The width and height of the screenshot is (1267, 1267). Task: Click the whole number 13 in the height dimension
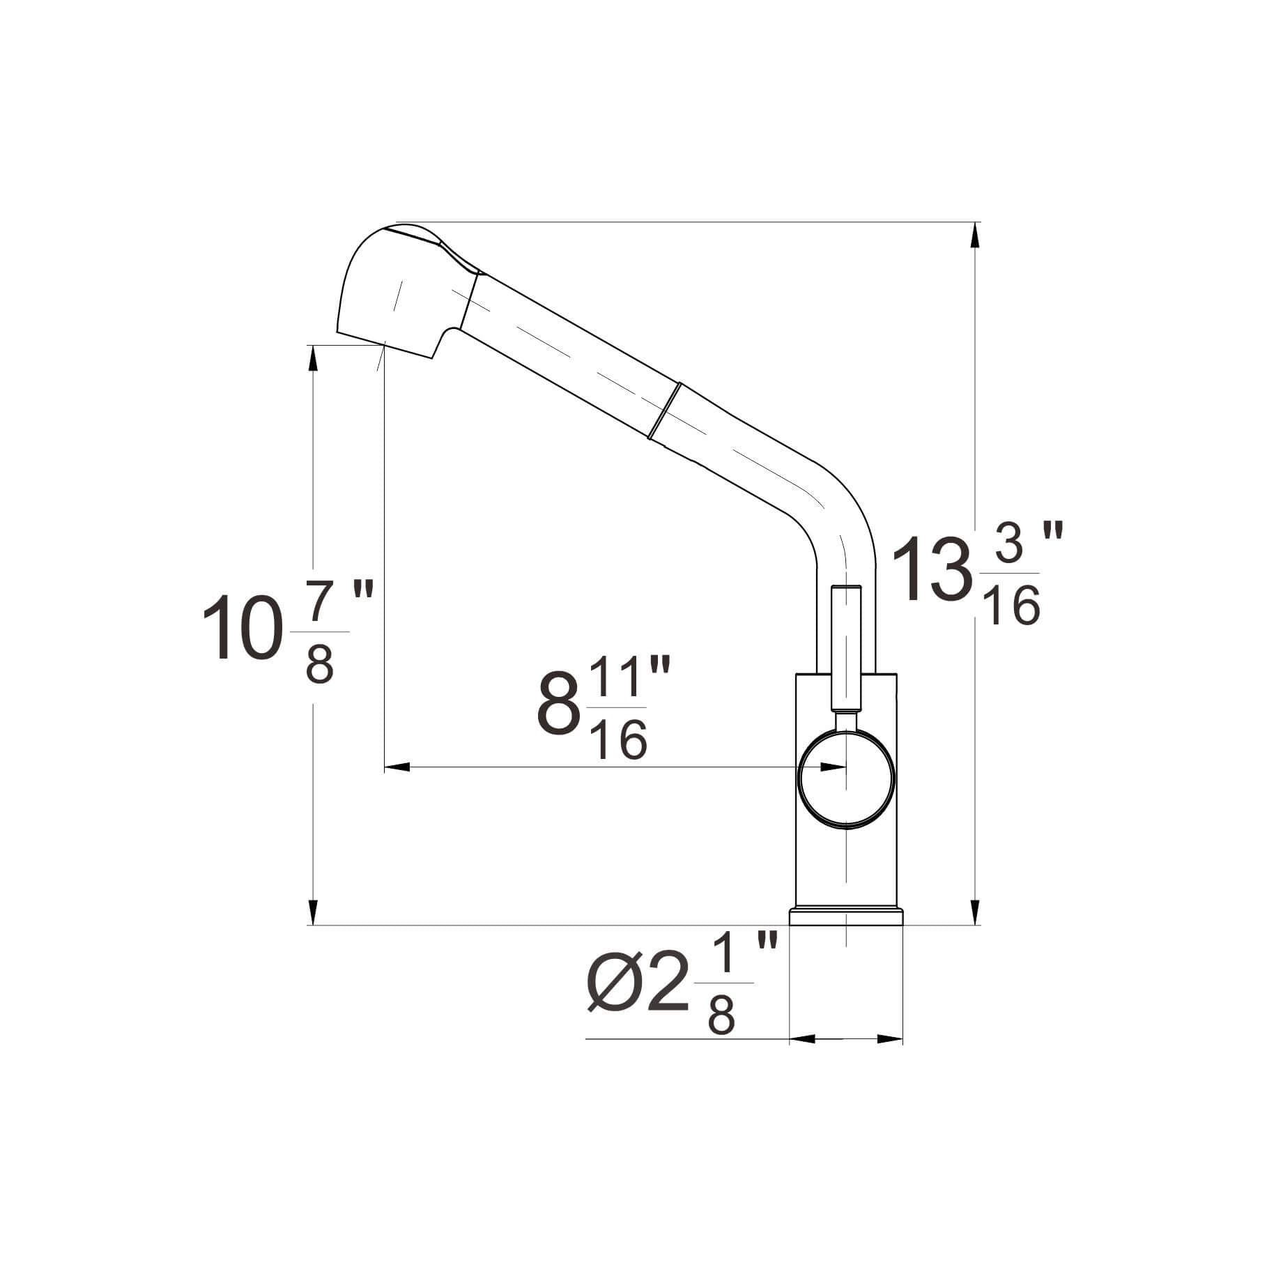tap(932, 571)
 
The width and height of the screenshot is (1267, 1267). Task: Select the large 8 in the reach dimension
tap(559, 707)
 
